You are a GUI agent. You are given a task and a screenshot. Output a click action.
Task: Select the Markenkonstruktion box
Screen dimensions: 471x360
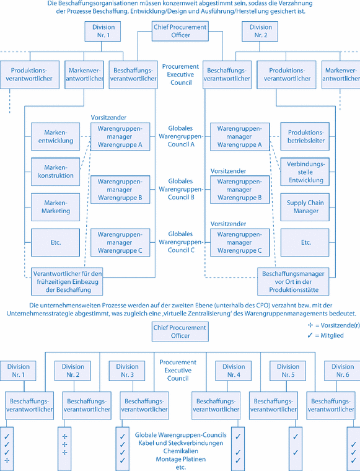[59, 171]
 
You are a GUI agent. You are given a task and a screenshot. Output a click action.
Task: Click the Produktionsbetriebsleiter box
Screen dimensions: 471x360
[305, 136]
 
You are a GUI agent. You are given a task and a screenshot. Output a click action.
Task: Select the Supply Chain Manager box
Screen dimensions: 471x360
[305, 206]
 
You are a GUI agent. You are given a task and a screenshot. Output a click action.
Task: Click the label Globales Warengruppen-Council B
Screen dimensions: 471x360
[180, 188]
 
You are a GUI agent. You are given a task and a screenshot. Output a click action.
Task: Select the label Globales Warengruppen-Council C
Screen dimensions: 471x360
[180, 242]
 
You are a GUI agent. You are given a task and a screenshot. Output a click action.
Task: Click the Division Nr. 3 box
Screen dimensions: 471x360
[126, 371]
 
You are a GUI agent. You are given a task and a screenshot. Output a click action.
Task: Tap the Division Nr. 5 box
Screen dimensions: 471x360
[286, 371]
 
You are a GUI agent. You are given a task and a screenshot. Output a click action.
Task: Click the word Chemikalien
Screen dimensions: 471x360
[180, 451]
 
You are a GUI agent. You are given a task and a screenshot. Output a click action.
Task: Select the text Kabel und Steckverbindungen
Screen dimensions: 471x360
[180, 443]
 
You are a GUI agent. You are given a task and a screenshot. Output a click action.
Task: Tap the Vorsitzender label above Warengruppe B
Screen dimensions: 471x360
[229, 170]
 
